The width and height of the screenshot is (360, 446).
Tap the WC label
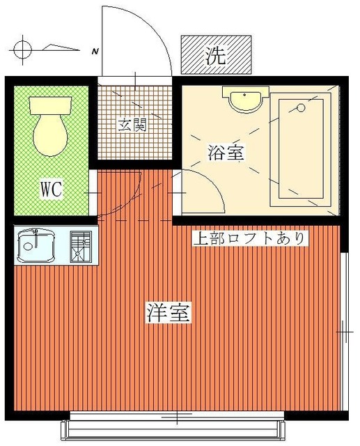pyautogui.click(x=52, y=189)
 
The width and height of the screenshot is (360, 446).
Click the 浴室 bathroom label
pyautogui.click(x=226, y=152)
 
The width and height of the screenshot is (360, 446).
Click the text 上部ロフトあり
pyautogui.click(x=249, y=239)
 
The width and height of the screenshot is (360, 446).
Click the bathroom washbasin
pyautogui.click(x=246, y=100)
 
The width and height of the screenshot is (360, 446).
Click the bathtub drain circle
pyautogui.click(x=301, y=108)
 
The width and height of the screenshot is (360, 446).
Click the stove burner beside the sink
pyautogui.click(x=81, y=245)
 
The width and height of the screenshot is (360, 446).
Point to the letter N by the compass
pyautogui.click(x=95, y=50)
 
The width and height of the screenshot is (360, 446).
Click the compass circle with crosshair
pyautogui.click(x=23, y=49)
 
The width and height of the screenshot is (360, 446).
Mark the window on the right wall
pyautogui.click(x=346, y=331)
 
